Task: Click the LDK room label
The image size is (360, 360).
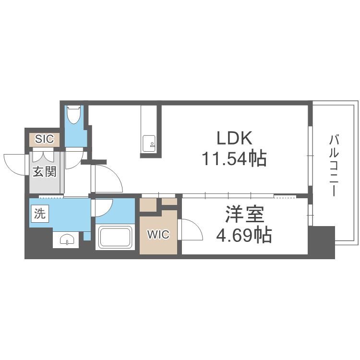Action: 234,138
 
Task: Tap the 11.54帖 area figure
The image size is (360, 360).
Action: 234,158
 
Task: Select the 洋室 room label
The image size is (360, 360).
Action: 244,214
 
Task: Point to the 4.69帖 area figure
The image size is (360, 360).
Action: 244,235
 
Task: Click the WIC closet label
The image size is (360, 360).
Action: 158,234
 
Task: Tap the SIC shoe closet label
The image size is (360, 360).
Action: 44,139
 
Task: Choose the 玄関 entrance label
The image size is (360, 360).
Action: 44,171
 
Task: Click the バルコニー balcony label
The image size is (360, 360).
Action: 334,166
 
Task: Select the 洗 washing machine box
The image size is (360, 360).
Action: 40,214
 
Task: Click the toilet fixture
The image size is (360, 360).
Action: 74,115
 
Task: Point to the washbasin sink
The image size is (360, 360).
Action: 67,240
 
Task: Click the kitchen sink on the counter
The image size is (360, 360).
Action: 149,144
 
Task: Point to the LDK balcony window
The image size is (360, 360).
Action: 310,156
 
